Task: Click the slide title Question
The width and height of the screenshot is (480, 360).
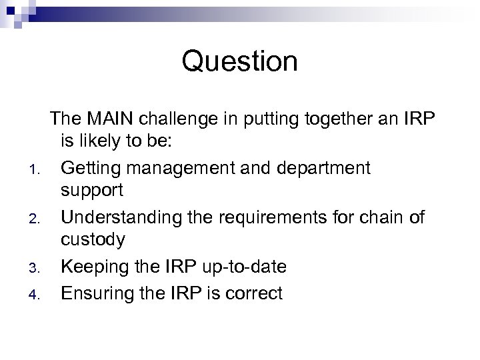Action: click(239, 63)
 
